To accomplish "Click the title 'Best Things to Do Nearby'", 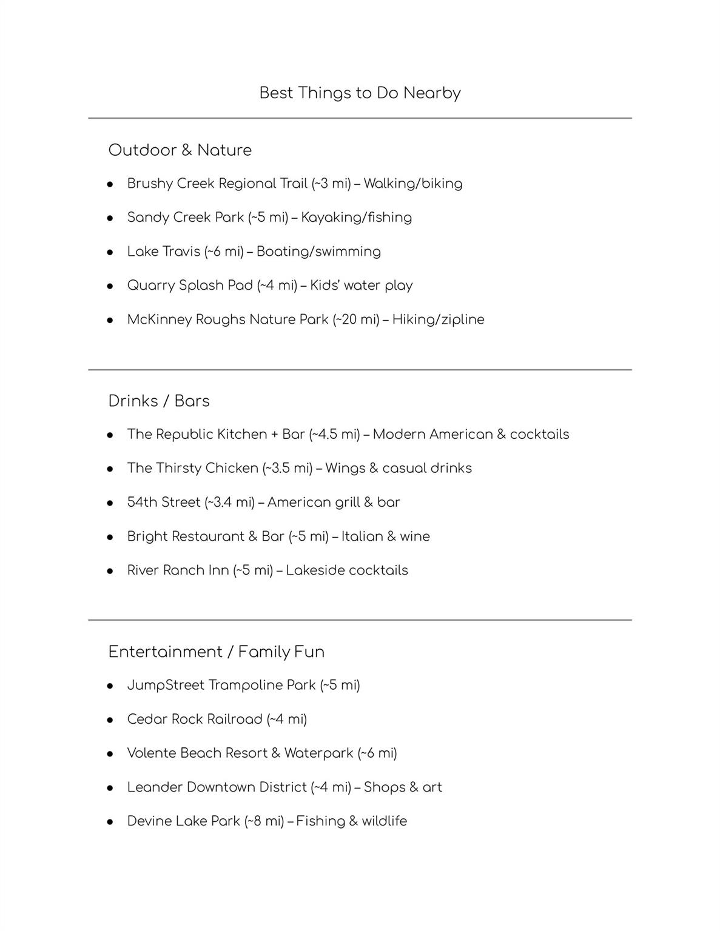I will click(x=360, y=93).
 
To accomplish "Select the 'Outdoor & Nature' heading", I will click(x=180, y=150).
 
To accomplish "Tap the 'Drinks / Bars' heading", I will click(x=159, y=401).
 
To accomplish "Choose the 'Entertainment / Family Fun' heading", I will click(x=216, y=652).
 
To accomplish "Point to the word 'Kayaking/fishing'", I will click(x=356, y=218).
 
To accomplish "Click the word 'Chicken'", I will click(x=231, y=469).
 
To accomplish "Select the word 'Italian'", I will click(x=362, y=536).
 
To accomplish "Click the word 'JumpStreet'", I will click(x=166, y=686).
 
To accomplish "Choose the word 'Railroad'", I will click(x=234, y=719).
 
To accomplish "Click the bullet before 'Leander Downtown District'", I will click(x=110, y=788).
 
